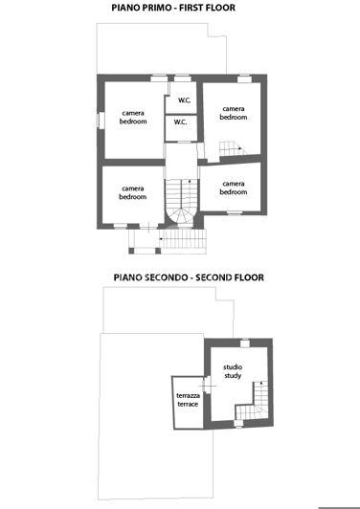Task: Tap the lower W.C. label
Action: (x=180, y=123)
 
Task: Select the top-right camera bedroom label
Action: (x=234, y=113)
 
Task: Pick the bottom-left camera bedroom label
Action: (x=133, y=192)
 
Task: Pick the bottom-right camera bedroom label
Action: (x=234, y=188)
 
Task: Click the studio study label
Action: (x=233, y=371)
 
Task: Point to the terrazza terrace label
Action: (x=188, y=400)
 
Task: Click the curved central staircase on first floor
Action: (x=180, y=203)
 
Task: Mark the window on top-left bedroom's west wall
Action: (x=98, y=120)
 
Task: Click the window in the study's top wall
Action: (x=244, y=342)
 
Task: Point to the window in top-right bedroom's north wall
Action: (x=244, y=77)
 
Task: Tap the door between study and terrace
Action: (x=203, y=384)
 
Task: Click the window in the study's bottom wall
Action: (x=236, y=425)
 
